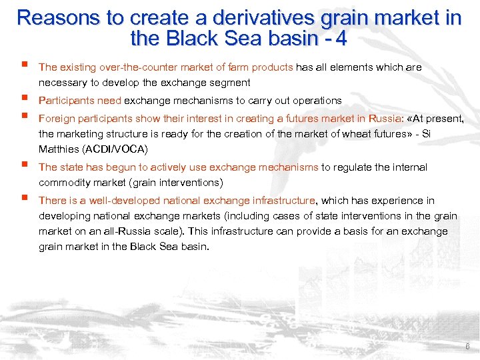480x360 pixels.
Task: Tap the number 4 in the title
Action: (341, 39)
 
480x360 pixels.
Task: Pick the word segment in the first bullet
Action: (229, 83)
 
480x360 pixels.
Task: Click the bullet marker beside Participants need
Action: (25, 99)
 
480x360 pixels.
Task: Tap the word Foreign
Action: (56, 119)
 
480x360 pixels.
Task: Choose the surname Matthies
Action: (59, 149)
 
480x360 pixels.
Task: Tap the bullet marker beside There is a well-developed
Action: (25, 199)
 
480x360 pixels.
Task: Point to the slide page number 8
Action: (467, 347)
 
